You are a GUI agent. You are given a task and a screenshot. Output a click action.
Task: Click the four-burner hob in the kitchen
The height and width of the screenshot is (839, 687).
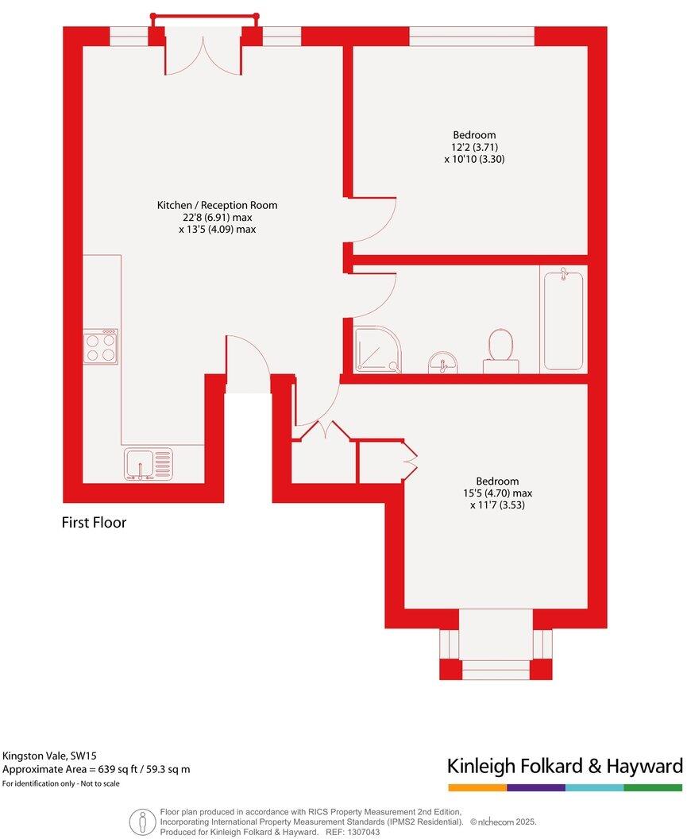pos(100,346)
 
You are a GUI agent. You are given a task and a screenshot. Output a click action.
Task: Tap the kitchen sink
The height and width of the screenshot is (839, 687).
pos(148,464)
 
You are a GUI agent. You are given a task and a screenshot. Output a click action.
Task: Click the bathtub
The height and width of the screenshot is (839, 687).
pos(562,320)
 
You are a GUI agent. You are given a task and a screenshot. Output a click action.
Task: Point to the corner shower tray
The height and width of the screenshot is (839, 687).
pos(377,352)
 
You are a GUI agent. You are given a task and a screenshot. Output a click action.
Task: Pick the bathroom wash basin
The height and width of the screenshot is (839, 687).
pos(442,364)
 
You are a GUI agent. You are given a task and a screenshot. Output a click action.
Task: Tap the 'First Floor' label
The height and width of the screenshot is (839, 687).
pos(94,523)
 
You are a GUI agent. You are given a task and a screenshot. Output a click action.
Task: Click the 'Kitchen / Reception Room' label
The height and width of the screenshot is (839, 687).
pos(217,205)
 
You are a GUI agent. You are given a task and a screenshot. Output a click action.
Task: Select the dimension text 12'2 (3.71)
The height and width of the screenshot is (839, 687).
pos(474,147)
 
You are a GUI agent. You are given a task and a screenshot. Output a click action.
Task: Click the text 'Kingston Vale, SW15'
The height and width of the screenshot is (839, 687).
pos(50,756)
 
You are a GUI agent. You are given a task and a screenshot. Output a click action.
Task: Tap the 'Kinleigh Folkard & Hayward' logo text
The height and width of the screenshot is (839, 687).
pos(565,767)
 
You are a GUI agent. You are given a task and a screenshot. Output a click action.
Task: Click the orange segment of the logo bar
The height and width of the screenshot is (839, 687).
pos(477,788)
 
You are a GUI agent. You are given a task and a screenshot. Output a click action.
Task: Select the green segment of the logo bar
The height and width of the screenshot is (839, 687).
pos(653,788)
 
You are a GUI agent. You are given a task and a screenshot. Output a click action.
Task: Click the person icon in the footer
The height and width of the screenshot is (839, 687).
pos(141,822)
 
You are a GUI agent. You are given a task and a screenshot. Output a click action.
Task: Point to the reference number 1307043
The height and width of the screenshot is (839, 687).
pos(364,832)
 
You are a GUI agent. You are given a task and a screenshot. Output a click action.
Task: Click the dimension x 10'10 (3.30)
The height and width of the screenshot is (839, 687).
pos(474,159)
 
